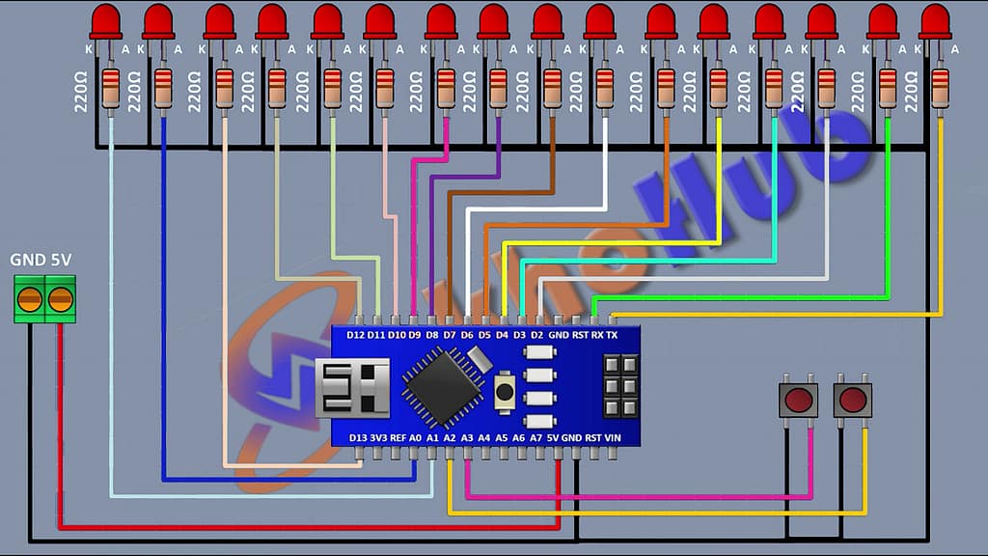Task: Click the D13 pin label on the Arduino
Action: (357, 437)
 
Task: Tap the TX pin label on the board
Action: (611, 334)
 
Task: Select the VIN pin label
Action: (612, 437)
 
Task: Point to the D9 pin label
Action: (413, 334)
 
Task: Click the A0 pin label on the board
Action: (415, 437)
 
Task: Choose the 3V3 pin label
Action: (378, 437)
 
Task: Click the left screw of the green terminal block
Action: (30, 299)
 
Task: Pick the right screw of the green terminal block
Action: (60, 299)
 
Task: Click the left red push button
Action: (798, 400)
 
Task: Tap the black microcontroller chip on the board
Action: (443, 385)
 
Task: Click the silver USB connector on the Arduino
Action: (352, 387)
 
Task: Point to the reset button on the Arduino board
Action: (504, 391)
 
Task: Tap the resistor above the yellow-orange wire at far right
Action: (941, 85)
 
